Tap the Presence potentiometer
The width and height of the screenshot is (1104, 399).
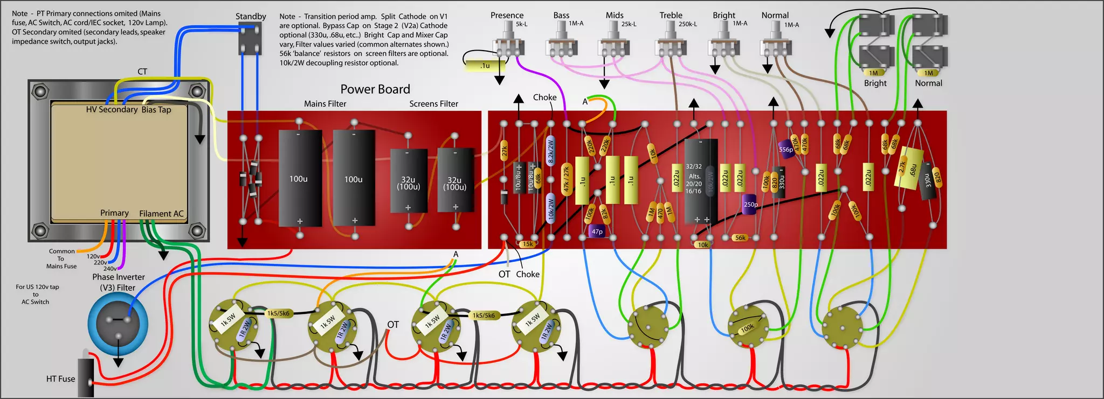click(508, 43)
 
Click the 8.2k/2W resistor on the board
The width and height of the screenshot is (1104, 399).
click(550, 150)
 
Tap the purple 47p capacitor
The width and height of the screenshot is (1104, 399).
click(597, 232)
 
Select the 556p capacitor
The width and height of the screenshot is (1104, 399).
click(786, 149)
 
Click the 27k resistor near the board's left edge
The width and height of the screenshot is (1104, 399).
click(504, 152)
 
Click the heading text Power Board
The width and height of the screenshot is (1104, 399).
click(375, 89)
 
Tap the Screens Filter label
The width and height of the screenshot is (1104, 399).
click(433, 104)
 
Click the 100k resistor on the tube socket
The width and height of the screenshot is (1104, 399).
click(747, 327)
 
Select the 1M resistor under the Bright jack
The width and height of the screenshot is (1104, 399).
click(873, 73)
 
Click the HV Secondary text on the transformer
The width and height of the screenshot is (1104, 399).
click(112, 109)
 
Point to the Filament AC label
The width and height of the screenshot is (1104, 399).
click(161, 214)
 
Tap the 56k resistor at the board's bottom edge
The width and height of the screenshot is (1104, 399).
click(740, 237)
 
